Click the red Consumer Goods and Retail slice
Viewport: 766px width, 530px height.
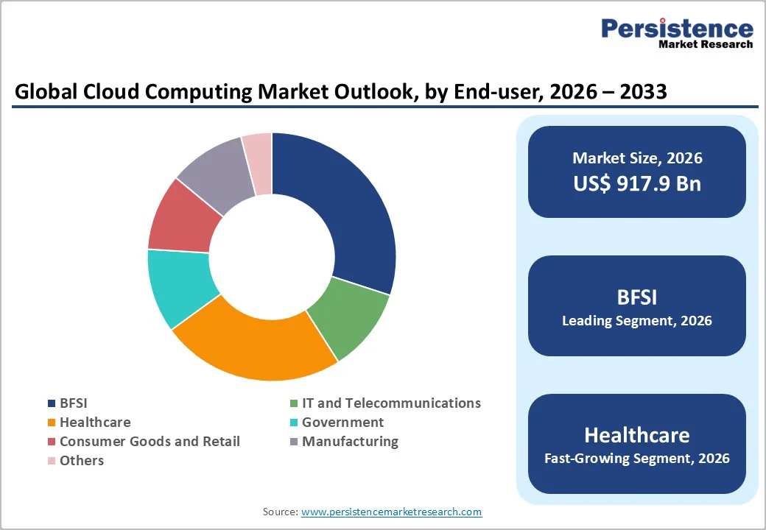pyautogui.click(x=183, y=217)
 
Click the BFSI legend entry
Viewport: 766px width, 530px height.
pyautogui.click(x=73, y=403)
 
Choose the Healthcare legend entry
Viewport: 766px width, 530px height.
pyautogui.click(x=94, y=423)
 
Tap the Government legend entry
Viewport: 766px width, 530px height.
pyautogui.click(x=342, y=423)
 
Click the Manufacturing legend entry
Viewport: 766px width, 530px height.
pyautogui.click(x=350, y=442)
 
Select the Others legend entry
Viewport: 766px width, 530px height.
pyautogui.click(x=81, y=461)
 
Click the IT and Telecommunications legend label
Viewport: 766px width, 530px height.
pyautogui.click(x=391, y=403)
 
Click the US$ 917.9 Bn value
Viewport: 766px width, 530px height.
pyautogui.click(x=637, y=183)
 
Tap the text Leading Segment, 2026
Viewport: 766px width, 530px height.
pyautogui.click(x=637, y=321)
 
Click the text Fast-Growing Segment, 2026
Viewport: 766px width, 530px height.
pyautogui.click(x=637, y=459)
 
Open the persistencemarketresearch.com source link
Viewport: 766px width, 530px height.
pyautogui.click(x=391, y=512)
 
